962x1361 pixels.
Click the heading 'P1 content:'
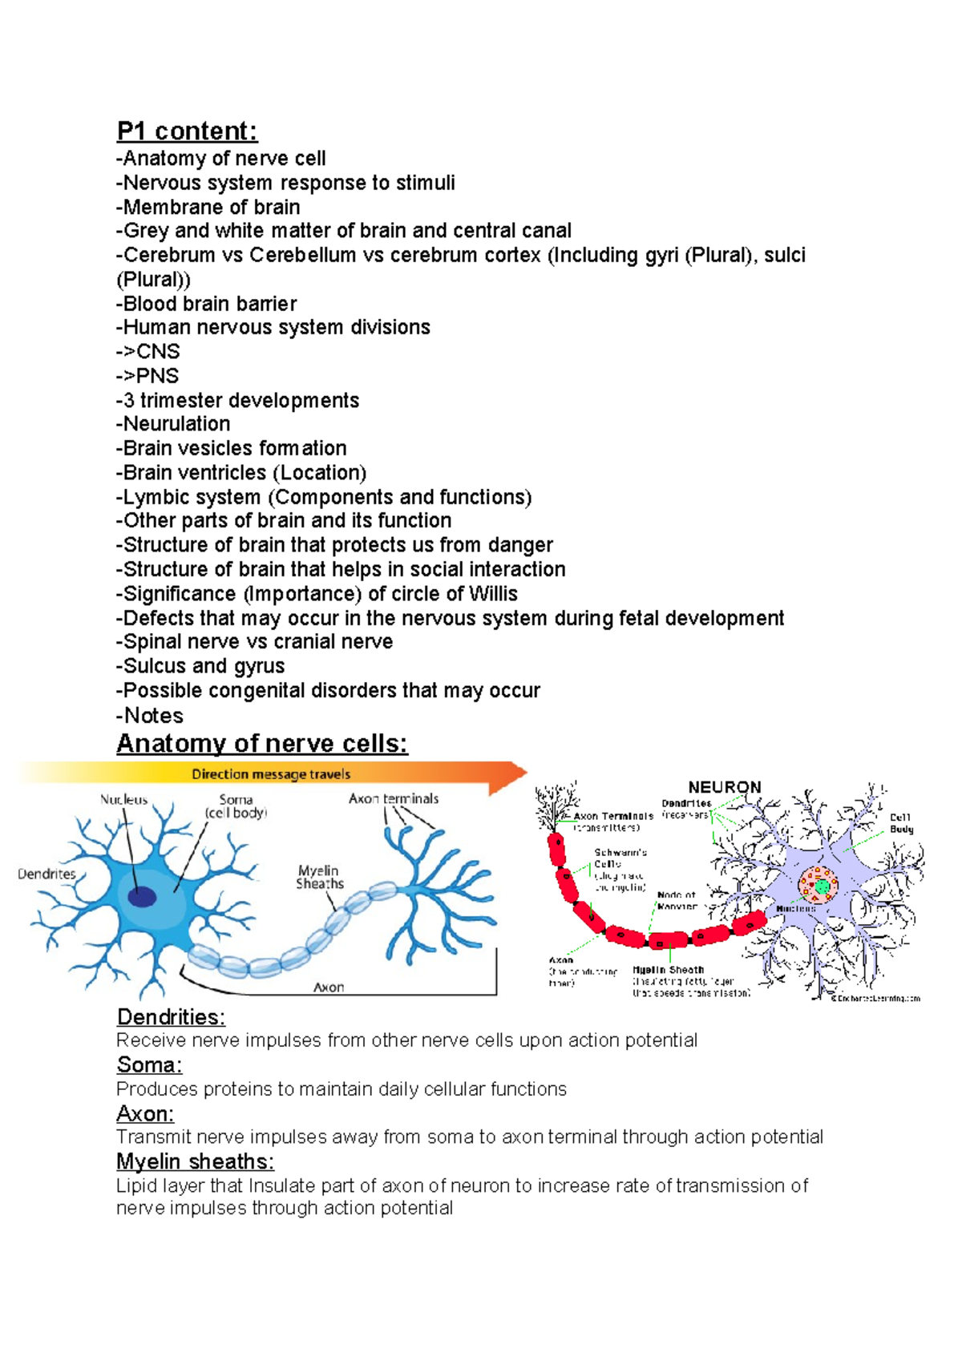(187, 131)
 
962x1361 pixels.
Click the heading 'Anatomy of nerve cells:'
(262, 743)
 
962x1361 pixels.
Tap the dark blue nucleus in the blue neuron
(142, 896)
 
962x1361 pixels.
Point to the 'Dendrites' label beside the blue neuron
(46, 874)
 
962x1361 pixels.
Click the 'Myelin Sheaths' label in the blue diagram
(319, 877)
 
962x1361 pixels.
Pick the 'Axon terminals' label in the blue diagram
(394, 798)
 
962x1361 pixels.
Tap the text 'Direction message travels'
(271, 774)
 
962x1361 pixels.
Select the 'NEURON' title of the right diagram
(724, 787)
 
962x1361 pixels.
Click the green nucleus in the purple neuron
(822, 886)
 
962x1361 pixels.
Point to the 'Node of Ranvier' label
(677, 900)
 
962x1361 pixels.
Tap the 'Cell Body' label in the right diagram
(901, 823)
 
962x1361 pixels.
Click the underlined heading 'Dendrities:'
(171, 1017)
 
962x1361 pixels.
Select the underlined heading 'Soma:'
(149, 1065)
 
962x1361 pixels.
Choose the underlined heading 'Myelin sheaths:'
(195, 1161)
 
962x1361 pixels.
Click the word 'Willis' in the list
(493, 594)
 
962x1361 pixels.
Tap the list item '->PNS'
(148, 376)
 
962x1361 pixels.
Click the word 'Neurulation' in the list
(176, 424)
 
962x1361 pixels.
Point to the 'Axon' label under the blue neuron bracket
(329, 987)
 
